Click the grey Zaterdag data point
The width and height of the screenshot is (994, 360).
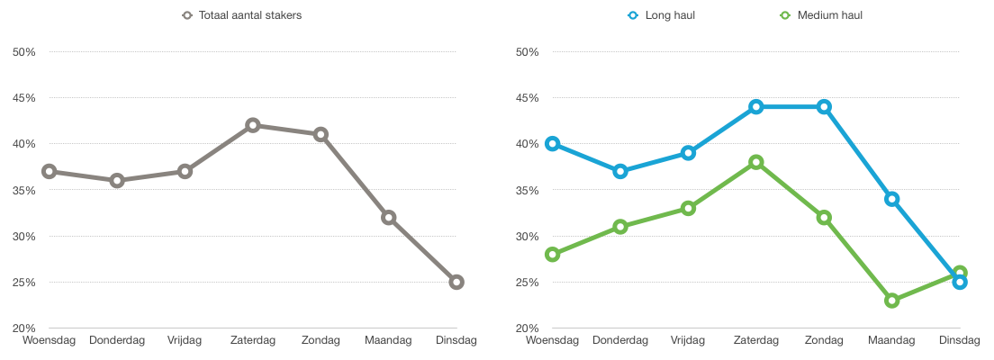253,125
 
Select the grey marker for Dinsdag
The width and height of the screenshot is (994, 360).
456,282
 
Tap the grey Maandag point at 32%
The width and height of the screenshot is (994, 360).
389,218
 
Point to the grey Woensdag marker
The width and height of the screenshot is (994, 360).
49,171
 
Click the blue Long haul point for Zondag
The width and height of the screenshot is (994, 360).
824,106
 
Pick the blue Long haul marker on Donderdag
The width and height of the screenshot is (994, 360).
620,171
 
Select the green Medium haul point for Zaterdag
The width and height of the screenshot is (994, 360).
755,162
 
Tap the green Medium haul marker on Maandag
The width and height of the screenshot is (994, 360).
892,301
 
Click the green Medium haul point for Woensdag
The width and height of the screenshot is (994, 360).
553,254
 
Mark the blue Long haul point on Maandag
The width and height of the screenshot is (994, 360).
892,199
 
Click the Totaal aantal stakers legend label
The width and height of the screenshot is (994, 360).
249,15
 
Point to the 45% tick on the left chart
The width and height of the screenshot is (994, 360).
24,98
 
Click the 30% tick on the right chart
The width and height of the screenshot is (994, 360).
528,237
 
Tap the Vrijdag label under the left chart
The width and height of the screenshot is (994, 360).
185,341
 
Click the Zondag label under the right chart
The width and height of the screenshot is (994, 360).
824,341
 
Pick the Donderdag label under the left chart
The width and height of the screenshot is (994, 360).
117,341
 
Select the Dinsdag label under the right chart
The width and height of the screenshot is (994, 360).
960,341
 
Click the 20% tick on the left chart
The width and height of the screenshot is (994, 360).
24,328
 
